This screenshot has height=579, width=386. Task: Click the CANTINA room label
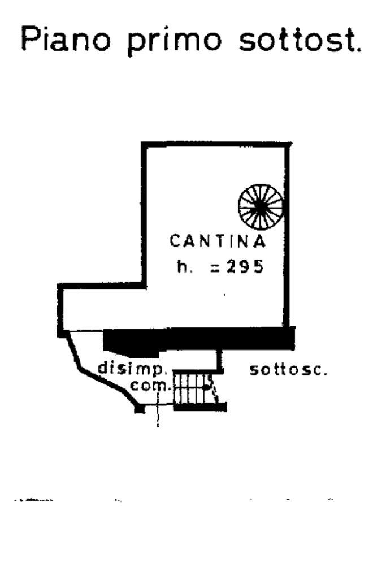218,242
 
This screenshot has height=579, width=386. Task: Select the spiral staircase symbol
260,206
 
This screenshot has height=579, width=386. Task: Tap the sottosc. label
289,370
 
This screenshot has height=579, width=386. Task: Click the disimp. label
132,368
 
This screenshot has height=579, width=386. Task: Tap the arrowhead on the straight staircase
207,387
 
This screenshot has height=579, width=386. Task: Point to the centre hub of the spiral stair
260,206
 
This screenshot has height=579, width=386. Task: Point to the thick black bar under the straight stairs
200,406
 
